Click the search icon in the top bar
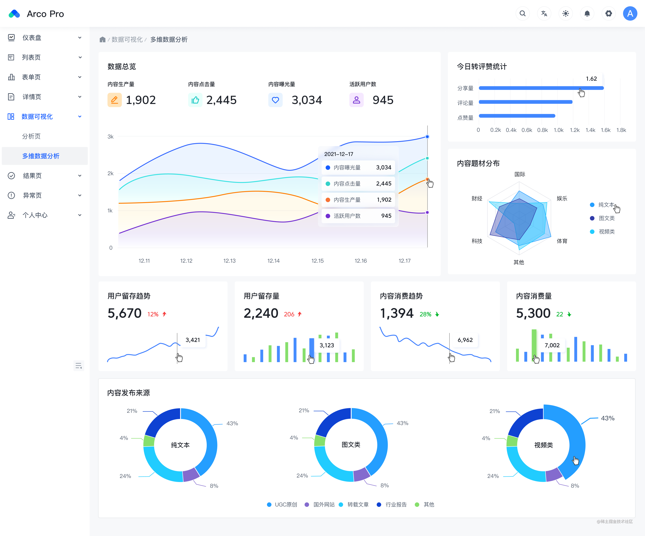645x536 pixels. pyautogui.click(x=522, y=13)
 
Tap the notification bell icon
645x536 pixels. pyautogui.click(x=587, y=13)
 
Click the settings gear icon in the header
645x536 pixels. pyautogui.click(x=608, y=13)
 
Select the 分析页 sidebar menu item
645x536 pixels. pyautogui.click(x=31, y=136)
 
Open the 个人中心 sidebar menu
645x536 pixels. pyautogui.click(x=35, y=215)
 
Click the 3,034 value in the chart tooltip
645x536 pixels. pyautogui.click(x=384, y=168)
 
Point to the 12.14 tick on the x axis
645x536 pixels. pyautogui.click(x=273, y=261)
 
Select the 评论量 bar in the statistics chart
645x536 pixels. pyautogui.click(x=525, y=102)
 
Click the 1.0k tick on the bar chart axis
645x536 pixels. pyautogui.click(x=558, y=130)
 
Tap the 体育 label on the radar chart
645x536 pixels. pyautogui.click(x=562, y=241)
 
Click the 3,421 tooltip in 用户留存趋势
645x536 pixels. pyautogui.click(x=193, y=340)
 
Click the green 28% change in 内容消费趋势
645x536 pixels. pyautogui.click(x=425, y=314)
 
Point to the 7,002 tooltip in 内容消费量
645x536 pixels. pyautogui.click(x=552, y=345)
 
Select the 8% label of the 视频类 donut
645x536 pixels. pyautogui.click(x=575, y=486)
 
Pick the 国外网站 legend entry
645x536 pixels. pyautogui.click(x=324, y=504)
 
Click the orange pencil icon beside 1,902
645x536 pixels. pyautogui.click(x=114, y=100)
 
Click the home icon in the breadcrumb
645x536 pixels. pyautogui.click(x=103, y=40)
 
